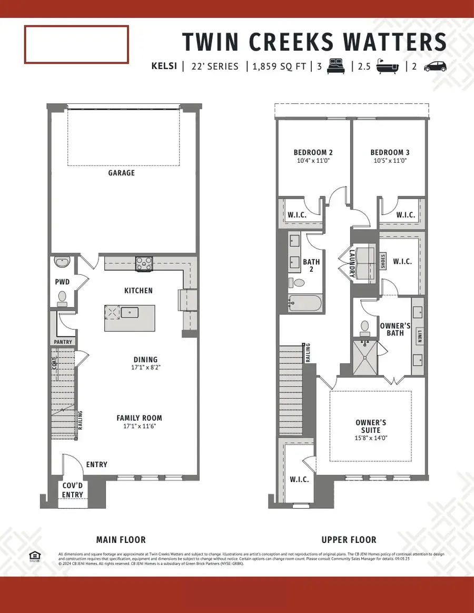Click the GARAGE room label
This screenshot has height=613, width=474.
(122, 173)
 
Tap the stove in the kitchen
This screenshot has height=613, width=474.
(144, 263)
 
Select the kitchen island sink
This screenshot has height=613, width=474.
(130, 312)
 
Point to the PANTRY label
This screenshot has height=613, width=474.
(63, 342)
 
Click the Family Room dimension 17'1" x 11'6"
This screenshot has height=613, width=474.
(139, 426)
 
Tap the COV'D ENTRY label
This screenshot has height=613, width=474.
(73, 491)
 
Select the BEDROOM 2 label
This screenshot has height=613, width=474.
(313, 153)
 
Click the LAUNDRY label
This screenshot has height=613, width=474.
(351, 262)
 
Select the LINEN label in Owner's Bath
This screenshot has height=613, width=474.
(419, 336)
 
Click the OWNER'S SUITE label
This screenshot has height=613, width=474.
(371, 426)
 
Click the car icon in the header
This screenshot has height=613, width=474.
(435, 66)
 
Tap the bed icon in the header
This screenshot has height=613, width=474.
(335, 66)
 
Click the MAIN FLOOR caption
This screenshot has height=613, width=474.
(121, 540)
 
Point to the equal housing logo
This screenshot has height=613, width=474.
(35, 556)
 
